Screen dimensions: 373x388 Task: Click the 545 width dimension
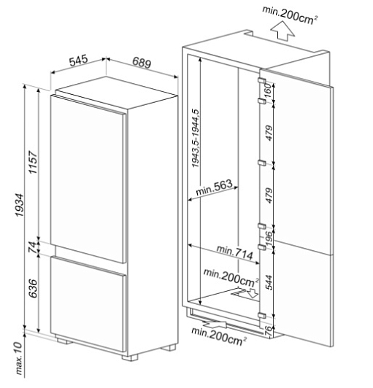coord(79,61)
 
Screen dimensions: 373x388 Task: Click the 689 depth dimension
coord(142,63)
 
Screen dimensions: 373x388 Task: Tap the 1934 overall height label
coord(19,205)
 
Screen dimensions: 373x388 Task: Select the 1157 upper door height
coord(33,162)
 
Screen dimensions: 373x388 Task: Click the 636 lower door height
coord(33,288)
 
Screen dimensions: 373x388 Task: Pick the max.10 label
coord(19,359)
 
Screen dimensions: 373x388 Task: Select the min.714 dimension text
coord(235,252)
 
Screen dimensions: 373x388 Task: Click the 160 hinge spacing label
coord(268,91)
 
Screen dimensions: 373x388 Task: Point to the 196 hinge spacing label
coord(269,237)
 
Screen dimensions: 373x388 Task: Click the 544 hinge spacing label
coord(269,282)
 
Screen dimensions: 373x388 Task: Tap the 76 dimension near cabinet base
coord(269,330)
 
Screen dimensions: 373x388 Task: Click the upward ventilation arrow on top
coord(282,31)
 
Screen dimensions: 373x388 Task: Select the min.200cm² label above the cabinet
coord(290,15)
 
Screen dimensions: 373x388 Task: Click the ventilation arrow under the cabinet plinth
coord(215,324)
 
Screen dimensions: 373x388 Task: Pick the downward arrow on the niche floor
coord(253,292)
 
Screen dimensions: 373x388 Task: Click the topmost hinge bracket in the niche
coord(261,82)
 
